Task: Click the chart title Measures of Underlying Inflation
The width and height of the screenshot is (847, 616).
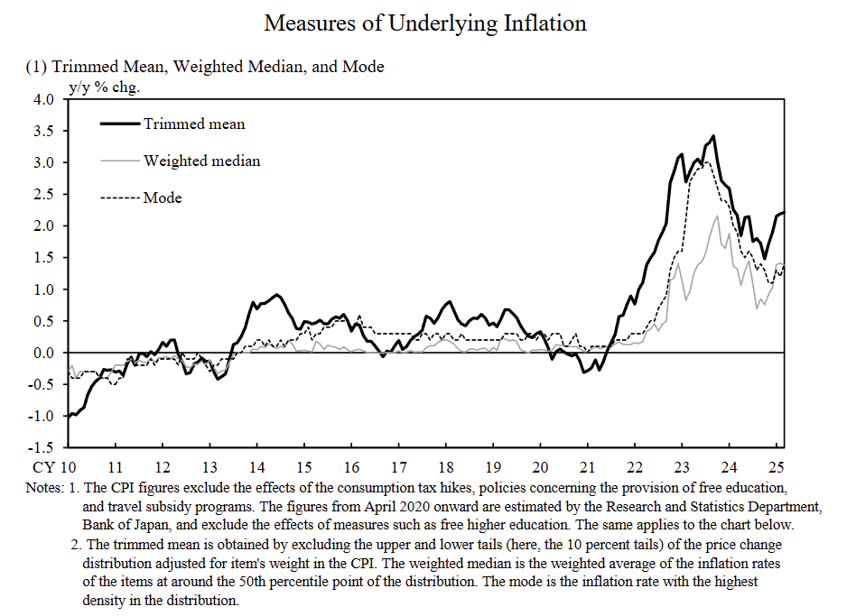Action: (x=424, y=23)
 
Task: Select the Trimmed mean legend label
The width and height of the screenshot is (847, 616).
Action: (x=193, y=124)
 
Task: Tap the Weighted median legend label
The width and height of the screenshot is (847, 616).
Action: (x=201, y=161)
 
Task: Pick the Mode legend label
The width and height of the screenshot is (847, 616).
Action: (x=163, y=198)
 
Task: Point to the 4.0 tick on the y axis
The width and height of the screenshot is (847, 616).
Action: (x=43, y=99)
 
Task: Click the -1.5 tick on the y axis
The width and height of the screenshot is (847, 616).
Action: (x=42, y=447)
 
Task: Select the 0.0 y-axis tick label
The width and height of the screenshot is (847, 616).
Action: (x=43, y=353)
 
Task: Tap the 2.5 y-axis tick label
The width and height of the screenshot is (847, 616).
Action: (x=43, y=194)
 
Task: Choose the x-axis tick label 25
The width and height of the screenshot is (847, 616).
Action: (x=776, y=468)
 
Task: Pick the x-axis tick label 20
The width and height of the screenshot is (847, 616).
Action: (x=540, y=468)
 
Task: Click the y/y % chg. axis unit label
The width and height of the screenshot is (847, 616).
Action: (x=105, y=87)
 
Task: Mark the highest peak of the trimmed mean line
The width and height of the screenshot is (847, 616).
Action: (x=714, y=136)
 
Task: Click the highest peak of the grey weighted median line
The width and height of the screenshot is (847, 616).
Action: (x=717, y=216)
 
